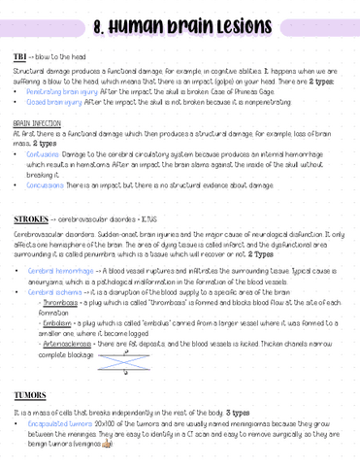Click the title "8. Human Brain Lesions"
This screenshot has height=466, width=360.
[x=180, y=22]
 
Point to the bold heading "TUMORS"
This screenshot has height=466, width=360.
[x=31, y=396]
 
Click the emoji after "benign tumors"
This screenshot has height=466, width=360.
[x=107, y=453]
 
